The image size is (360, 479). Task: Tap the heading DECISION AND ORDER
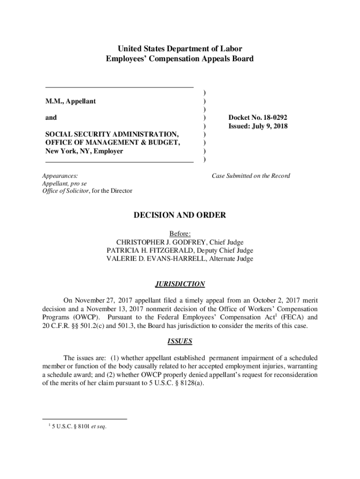[x=180, y=215]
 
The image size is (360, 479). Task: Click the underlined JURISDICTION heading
[x=180, y=284]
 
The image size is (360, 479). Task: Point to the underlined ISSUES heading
[x=180, y=341]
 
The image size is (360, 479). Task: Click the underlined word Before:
[x=180, y=233]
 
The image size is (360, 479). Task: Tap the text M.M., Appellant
[x=71, y=101]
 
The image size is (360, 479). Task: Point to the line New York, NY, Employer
[x=84, y=151]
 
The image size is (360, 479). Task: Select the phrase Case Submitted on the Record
[x=251, y=176]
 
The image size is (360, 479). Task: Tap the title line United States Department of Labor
[x=180, y=49]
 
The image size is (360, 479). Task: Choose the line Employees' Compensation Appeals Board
[x=180, y=59]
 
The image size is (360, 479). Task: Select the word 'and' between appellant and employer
[x=51, y=118]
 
